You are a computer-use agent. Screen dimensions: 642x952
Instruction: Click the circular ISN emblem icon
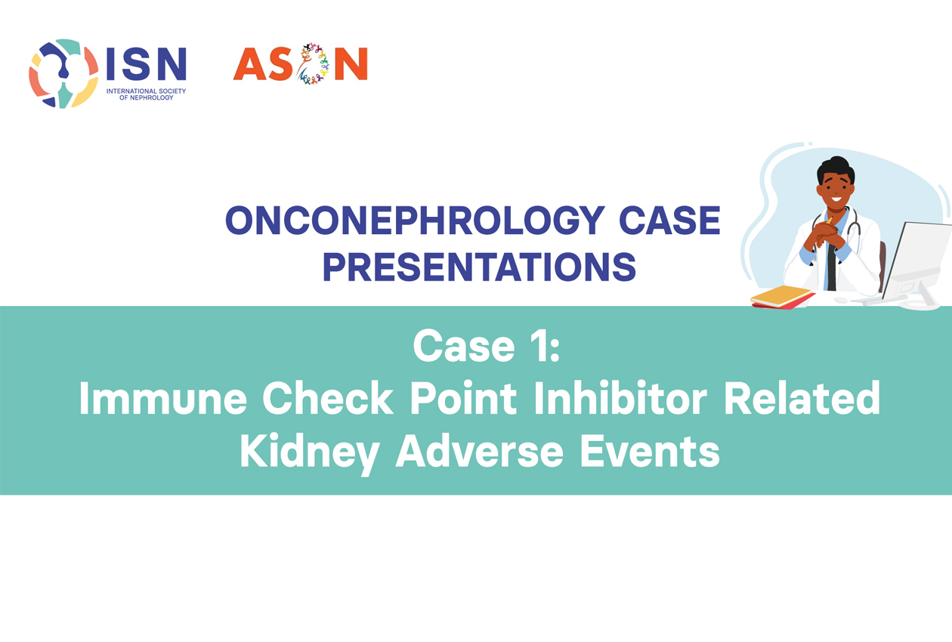[x=63, y=73]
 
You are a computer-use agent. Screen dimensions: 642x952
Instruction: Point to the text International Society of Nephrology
[x=146, y=94]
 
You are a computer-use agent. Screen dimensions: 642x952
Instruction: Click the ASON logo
[x=300, y=63]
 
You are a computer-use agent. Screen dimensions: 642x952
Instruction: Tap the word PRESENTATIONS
[x=479, y=267]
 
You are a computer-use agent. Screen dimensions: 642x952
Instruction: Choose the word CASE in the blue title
[x=669, y=221]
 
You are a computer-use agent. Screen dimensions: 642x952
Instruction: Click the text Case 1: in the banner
[x=487, y=345]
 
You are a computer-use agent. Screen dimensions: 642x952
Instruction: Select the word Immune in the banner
[x=162, y=398]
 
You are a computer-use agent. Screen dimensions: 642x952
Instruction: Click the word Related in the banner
[x=802, y=398]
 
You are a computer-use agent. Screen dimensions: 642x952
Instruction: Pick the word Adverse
[x=479, y=451]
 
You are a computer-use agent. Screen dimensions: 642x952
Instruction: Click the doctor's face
[x=835, y=188]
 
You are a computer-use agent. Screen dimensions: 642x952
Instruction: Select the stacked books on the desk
[x=783, y=297]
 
